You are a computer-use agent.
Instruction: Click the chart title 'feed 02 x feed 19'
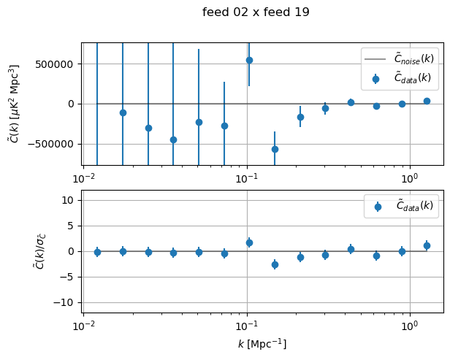(256, 12)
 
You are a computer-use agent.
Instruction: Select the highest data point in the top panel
(249, 60)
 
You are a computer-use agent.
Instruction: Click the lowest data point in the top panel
(275, 149)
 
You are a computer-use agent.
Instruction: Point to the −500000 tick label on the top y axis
(51, 143)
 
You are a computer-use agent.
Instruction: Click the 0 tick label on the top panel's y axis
(72, 104)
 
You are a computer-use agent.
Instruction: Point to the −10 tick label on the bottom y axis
(66, 302)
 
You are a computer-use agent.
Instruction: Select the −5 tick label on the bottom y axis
(69, 277)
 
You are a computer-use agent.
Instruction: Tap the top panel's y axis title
(15, 104)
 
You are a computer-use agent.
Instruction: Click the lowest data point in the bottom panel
(275, 264)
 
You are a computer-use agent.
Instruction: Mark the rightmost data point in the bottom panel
(427, 245)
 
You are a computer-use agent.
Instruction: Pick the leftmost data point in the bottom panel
(97, 252)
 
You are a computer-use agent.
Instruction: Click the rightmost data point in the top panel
(427, 101)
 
